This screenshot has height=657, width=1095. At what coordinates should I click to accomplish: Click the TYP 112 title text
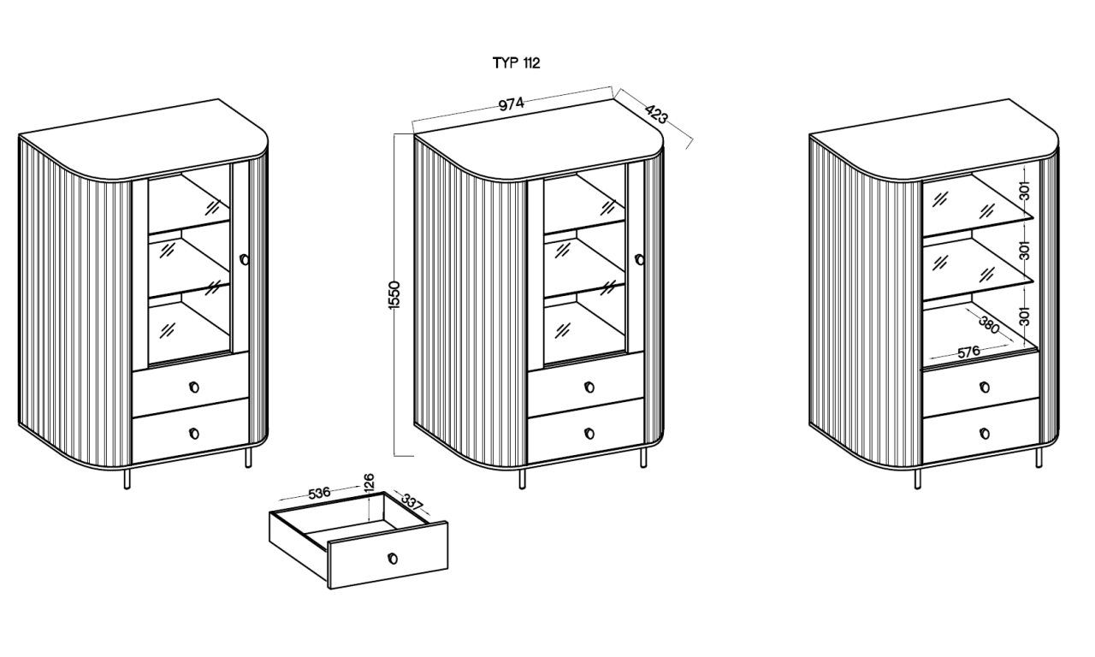pos(516,63)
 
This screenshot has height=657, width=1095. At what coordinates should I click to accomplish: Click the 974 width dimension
pos(511,104)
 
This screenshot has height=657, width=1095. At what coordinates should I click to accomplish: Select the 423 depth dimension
pos(656,115)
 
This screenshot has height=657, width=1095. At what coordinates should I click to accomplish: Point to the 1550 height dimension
pos(394,295)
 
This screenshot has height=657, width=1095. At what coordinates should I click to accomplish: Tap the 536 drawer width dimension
pos(320,493)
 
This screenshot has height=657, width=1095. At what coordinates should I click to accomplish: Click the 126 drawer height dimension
pos(369,482)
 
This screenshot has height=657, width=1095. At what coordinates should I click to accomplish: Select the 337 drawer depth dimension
pos(412,502)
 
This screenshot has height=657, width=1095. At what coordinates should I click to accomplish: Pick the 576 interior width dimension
pos(968,352)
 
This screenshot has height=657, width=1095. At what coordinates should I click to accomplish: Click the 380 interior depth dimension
pos(990,326)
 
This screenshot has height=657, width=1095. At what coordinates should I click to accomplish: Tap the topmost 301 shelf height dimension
pos(1025,191)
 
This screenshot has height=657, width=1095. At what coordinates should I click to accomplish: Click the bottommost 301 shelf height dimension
pos(1025,317)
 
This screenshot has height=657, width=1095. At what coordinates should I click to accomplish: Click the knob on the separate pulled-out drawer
pos(392,559)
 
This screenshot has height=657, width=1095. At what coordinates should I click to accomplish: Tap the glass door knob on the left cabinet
pos(244,259)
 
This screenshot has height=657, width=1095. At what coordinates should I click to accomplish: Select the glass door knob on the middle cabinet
pos(639,259)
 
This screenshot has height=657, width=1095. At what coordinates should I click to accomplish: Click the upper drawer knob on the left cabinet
pos(194,388)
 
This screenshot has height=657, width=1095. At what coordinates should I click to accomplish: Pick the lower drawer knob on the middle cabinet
pos(589,433)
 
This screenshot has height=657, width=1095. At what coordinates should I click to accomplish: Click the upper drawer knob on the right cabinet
pos(985,388)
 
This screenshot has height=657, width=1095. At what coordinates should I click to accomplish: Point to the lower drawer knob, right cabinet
pos(985,433)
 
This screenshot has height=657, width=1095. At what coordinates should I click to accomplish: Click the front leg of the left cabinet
pos(127,479)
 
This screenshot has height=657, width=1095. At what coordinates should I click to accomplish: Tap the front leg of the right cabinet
pos(918,479)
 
